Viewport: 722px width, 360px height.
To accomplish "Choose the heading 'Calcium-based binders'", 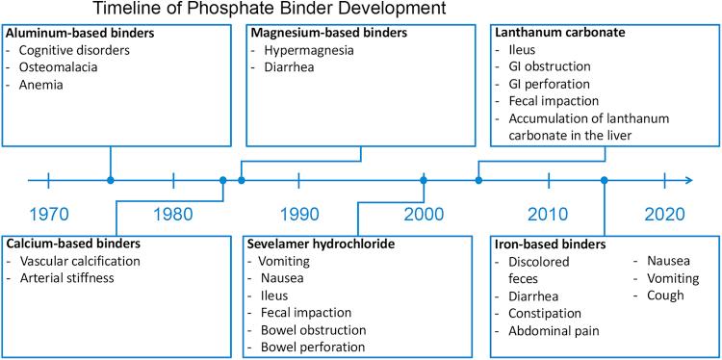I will [72, 244].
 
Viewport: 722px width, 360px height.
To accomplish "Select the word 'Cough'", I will [666, 296].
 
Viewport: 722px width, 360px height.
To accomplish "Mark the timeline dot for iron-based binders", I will [604, 179].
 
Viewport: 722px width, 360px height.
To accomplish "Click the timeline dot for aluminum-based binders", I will [111, 179].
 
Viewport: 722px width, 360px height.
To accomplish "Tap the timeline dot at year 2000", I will [424, 179].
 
